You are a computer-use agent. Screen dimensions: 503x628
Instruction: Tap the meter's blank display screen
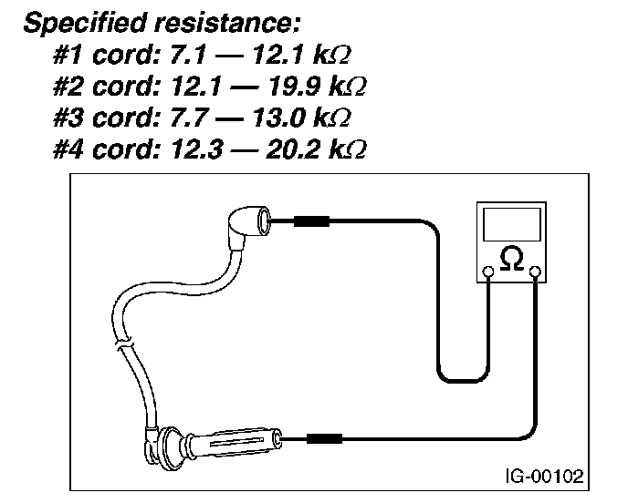coord(512,224)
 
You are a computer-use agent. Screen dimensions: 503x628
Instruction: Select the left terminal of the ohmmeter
coord(489,271)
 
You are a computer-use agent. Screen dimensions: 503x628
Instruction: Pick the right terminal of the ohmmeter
coord(535,271)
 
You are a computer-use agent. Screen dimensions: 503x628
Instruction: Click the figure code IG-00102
coord(543,475)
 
